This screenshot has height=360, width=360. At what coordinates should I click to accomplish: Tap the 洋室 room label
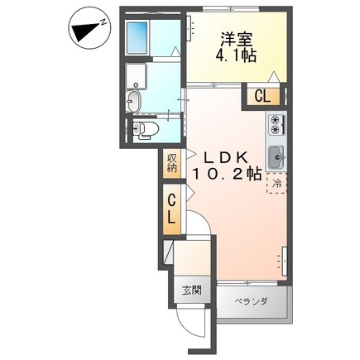[235, 39]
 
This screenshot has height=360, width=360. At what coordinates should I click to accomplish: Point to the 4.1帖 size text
[235, 58]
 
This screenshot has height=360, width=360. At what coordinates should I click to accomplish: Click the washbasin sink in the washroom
[135, 101]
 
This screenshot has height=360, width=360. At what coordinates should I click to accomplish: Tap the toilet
[146, 129]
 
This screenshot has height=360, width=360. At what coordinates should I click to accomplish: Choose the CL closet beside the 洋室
[262, 96]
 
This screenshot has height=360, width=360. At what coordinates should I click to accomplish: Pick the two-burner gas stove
[276, 125]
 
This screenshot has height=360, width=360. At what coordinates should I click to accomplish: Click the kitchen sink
[276, 156]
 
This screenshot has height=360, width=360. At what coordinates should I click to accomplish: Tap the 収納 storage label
[171, 162]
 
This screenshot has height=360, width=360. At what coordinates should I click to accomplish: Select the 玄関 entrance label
[190, 291]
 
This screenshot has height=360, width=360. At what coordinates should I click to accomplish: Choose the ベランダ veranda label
[249, 301]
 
